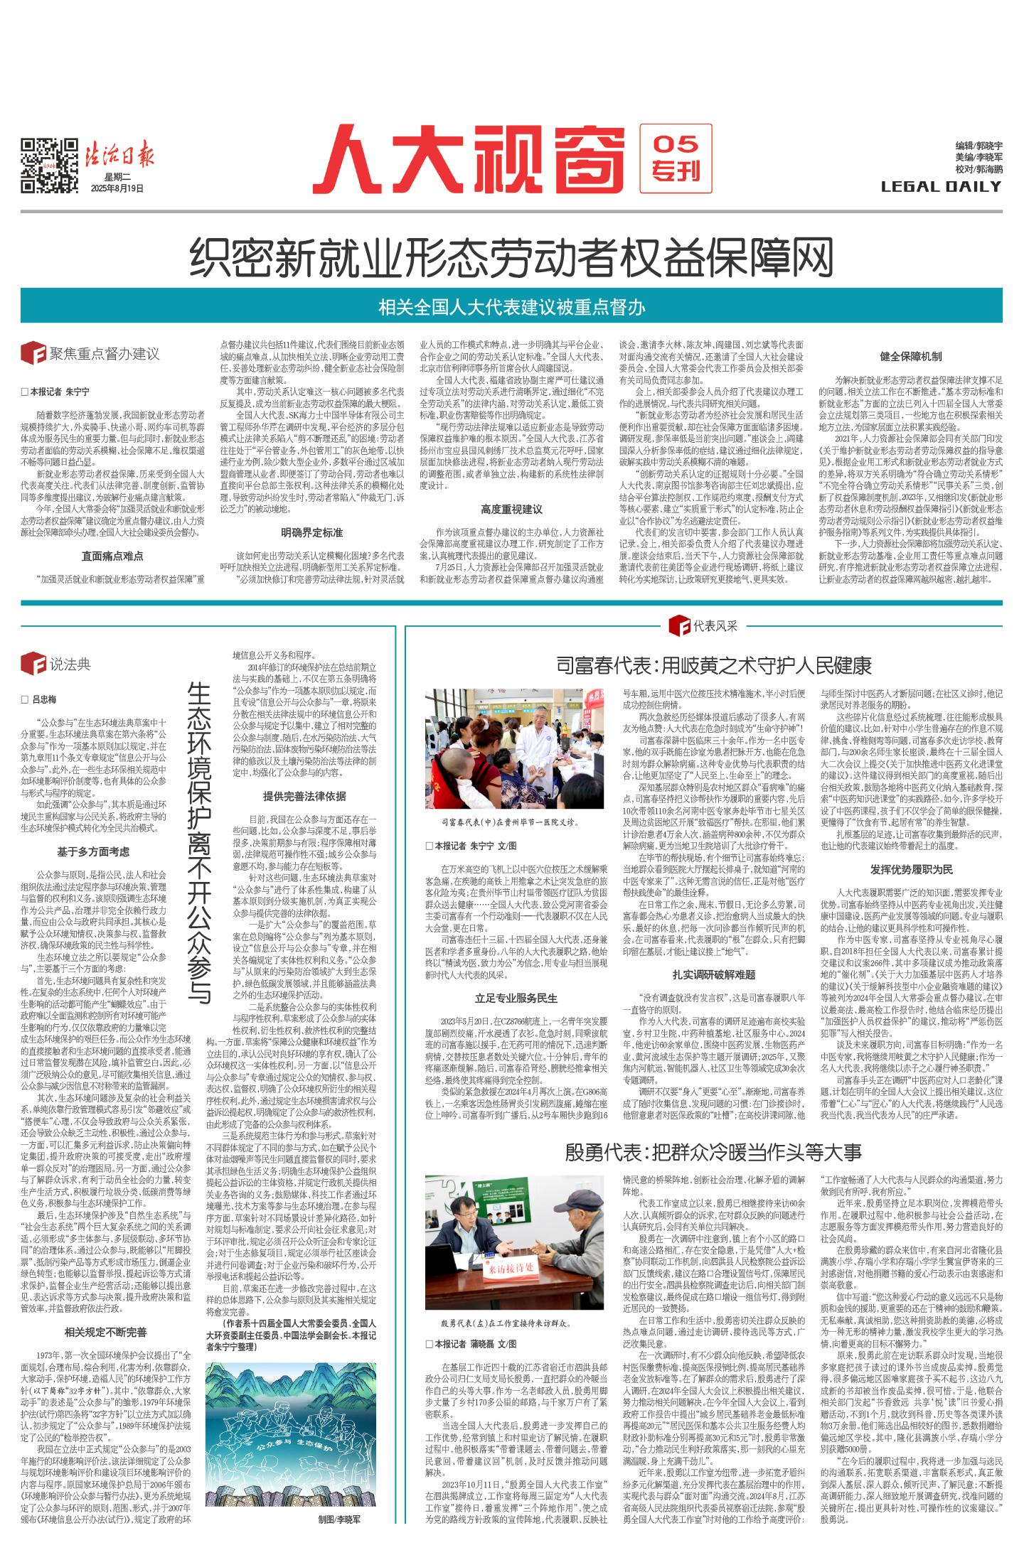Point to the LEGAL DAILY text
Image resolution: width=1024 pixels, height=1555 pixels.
point(941,187)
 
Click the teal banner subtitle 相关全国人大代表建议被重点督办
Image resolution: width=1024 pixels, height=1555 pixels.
point(511,307)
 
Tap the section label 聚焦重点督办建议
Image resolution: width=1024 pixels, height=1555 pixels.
point(103,354)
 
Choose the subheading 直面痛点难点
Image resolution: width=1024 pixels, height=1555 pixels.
point(112,556)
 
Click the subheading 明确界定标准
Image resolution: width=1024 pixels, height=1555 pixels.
point(312,532)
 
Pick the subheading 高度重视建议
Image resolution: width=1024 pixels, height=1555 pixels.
point(511,509)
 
